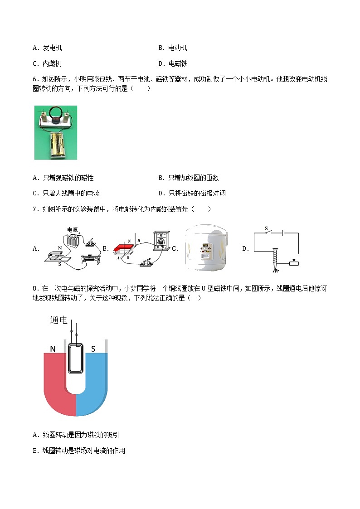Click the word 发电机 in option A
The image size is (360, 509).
click(53, 48)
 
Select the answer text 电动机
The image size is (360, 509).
click(178, 48)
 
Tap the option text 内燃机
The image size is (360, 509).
click(53, 63)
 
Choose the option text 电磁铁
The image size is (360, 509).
click(178, 63)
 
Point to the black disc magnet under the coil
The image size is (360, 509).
click(56, 121)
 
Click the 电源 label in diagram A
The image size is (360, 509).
click(72, 229)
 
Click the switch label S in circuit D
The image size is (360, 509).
click(267, 228)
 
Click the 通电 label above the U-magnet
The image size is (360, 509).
click(59, 320)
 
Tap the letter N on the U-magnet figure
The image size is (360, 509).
click(53, 349)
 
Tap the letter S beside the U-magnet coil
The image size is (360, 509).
click(93, 349)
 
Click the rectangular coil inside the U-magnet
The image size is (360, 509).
click(76, 358)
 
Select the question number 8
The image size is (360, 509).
click(35, 289)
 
